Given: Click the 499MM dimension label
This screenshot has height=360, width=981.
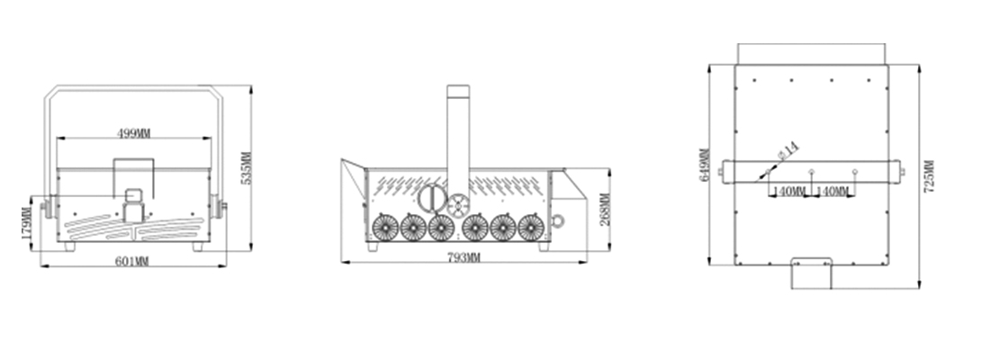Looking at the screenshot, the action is coord(134,132).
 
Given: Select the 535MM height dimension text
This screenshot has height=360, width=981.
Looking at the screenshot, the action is coord(247,167).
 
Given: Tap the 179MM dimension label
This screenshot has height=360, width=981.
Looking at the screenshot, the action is coord(26,223).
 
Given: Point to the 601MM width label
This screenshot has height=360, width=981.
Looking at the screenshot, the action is coord(132,261).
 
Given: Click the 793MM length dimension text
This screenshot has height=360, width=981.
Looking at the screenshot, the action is coord(463,257).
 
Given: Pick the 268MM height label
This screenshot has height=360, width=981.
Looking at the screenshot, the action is coord(605,210).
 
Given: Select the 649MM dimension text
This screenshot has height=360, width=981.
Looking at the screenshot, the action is coord(704,165).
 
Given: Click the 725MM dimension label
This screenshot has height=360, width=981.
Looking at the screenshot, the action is coord(930,175).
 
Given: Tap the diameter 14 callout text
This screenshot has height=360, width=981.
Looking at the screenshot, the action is coord(788,151).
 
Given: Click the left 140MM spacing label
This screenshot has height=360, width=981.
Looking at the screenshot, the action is coord(789,191).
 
